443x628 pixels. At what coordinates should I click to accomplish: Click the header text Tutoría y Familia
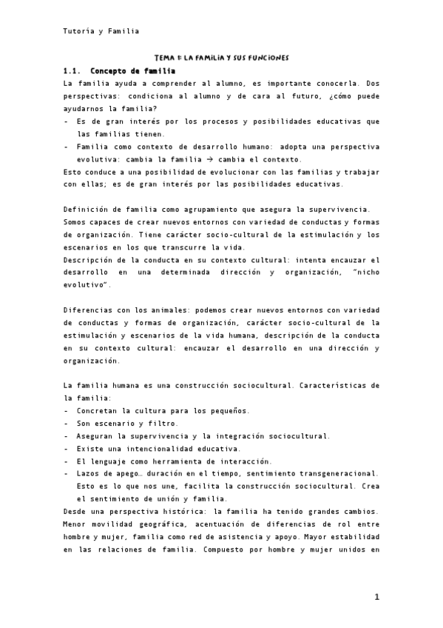coord(101,31)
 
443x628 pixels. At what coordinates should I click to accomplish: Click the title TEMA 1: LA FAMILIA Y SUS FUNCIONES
coord(221,57)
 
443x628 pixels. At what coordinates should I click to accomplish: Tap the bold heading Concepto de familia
coord(132,71)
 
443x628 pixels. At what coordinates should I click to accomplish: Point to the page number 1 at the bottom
coord(376,597)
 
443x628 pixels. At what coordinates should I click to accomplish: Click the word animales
coord(166,310)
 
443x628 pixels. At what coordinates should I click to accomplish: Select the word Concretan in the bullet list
coord(100,410)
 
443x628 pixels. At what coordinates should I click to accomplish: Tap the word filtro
coord(160,423)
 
